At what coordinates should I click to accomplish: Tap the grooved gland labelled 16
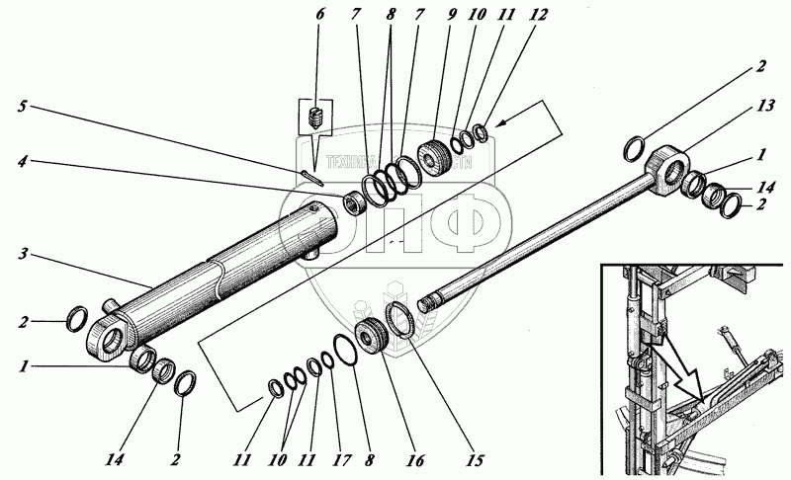(371, 337)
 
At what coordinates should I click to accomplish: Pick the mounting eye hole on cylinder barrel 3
(111, 337)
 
